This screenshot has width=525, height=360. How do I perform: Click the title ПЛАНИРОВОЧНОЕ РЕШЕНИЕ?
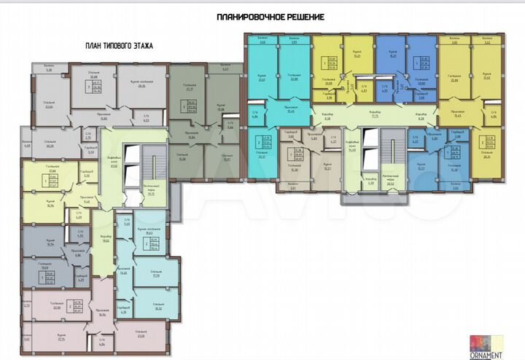(x=271, y=16)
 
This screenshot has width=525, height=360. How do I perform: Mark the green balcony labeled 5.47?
(x=225, y=70)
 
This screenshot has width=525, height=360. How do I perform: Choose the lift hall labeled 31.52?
(x=113, y=164)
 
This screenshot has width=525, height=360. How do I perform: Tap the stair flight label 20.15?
(x=151, y=192)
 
